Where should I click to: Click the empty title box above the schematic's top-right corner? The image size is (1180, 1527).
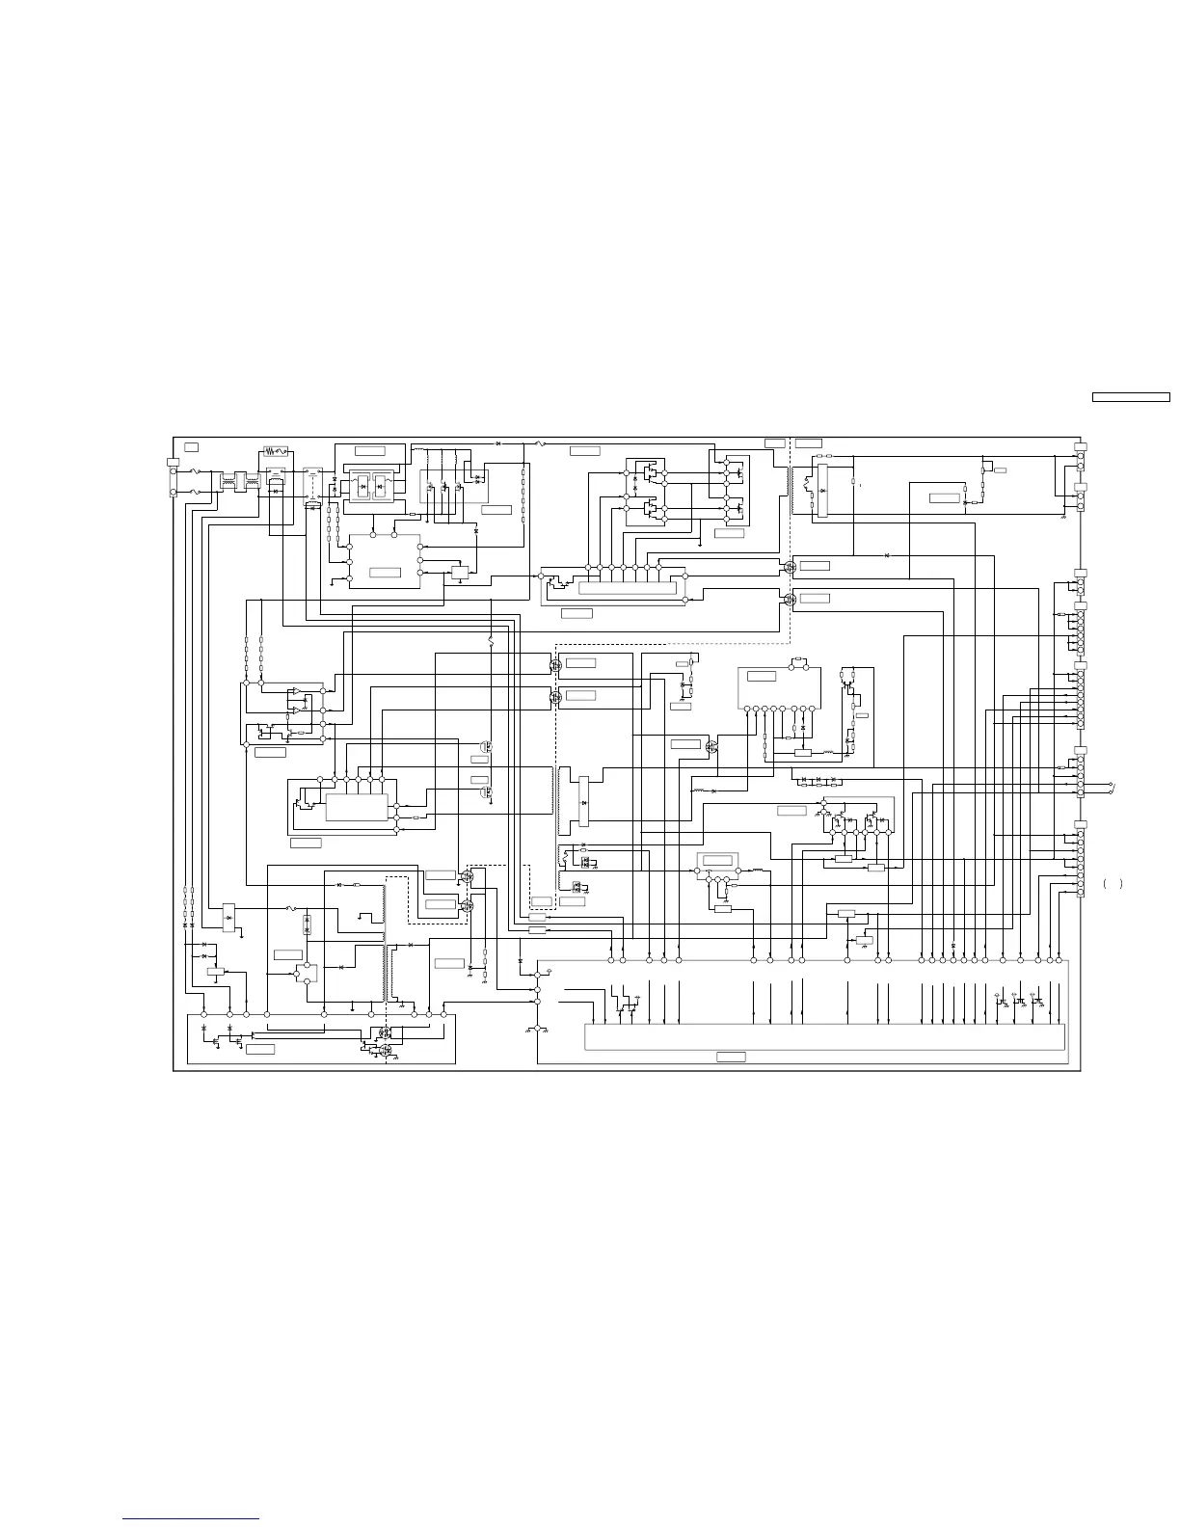click(1130, 396)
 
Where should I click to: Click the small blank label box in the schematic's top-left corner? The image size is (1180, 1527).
click(192, 446)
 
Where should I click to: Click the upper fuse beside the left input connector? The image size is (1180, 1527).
click(199, 471)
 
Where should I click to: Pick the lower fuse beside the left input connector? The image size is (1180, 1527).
click(199, 493)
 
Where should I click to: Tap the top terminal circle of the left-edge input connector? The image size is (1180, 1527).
click(174, 472)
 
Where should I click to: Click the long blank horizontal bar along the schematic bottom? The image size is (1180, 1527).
click(824, 1036)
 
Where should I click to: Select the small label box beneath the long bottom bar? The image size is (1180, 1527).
click(731, 1058)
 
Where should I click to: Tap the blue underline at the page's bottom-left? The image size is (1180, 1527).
click(191, 1519)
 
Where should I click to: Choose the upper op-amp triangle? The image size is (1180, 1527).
click(296, 690)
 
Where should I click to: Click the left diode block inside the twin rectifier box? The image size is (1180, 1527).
click(362, 487)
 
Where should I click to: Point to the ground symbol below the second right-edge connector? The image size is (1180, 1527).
click(1062, 518)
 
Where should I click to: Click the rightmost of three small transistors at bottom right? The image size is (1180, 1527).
click(1035, 1002)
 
